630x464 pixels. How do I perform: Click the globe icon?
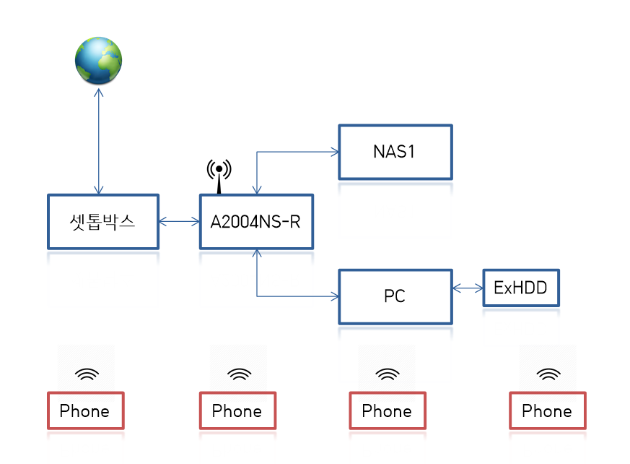pyautogui.click(x=98, y=61)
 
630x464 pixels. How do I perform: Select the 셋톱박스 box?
pyautogui.click(x=103, y=222)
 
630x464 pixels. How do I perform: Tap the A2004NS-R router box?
pyautogui.click(x=256, y=222)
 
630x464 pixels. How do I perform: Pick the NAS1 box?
pyautogui.click(x=395, y=152)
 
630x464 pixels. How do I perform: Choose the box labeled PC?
pyautogui.click(x=395, y=296)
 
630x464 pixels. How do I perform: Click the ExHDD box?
pyautogui.click(x=521, y=288)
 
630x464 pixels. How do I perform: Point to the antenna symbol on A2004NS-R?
pyautogui.click(x=219, y=176)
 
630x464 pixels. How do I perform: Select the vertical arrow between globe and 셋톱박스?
pyautogui.click(x=98, y=141)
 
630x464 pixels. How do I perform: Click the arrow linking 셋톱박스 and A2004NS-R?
pyautogui.click(x=179, y=221)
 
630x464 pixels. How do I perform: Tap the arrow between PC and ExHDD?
pyautogui.click(x=468, y=288)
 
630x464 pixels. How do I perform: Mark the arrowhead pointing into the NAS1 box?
pyautogui.click(x=335, y=152)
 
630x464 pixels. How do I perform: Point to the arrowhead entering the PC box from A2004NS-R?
pyautogui.click(x=335, y=296)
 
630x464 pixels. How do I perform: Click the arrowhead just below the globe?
pyautogui.click(x=98, y=93)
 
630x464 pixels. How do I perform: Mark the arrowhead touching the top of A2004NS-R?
pyautogui.click(x=257, y=190)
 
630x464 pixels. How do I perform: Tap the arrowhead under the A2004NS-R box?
pyautogui.click(x=257, y=254)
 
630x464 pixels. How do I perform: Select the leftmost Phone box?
pyautogui.click(x=86, y=411)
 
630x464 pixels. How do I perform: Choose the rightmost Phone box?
pyautogui.click(x=548, y=411)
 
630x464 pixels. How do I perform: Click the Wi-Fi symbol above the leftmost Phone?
pyautogui.click(x=87, y=374)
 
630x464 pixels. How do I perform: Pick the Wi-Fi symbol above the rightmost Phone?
pyautogui.click(x=548, y=374)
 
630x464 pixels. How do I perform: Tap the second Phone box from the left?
pyautogui.click(x=238, y=411)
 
